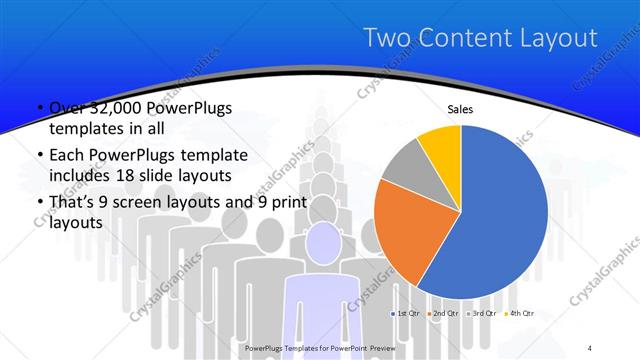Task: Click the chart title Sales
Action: (x=460, y=110)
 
